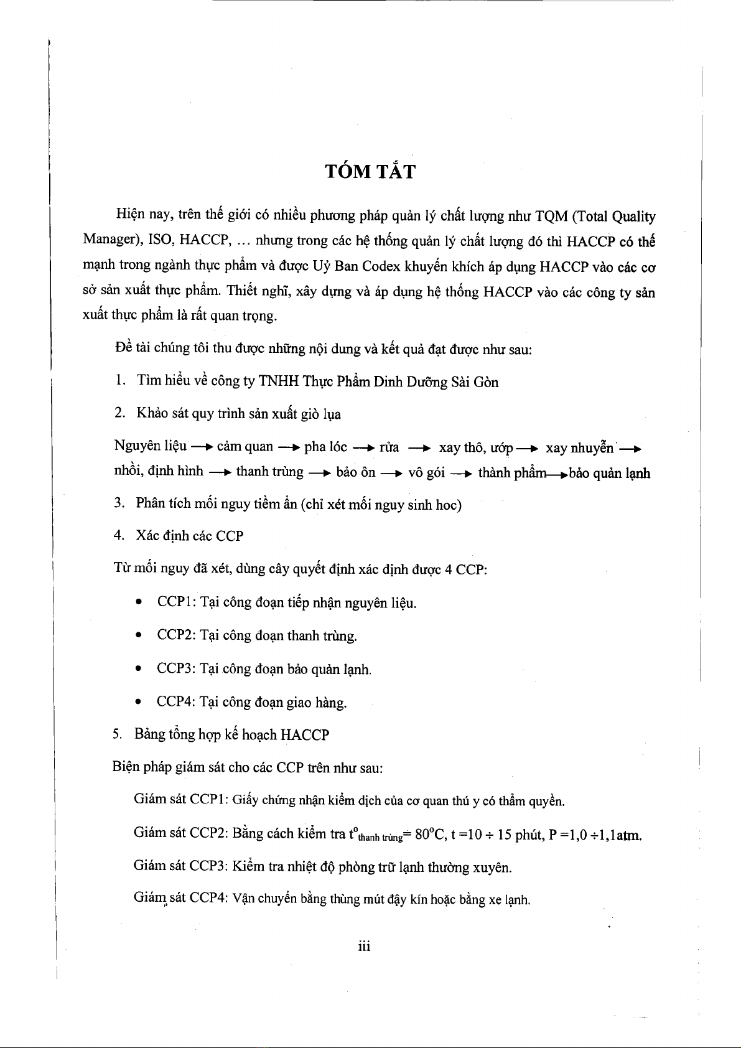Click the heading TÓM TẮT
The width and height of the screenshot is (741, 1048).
click(x=370, y=171)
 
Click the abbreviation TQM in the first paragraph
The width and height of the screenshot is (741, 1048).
click(x=549, y=217)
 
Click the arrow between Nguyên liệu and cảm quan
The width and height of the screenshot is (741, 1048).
click(x=202, y=447)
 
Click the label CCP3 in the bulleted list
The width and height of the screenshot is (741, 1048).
click(x=177, y=669)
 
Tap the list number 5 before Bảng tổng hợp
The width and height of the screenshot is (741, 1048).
click(x=117, y=735)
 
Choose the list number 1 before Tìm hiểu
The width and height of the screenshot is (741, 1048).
click(x=118, y=381)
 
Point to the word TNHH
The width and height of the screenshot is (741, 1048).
click(x=278, y=381)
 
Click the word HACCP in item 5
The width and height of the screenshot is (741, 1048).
click(x=304, y=735)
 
